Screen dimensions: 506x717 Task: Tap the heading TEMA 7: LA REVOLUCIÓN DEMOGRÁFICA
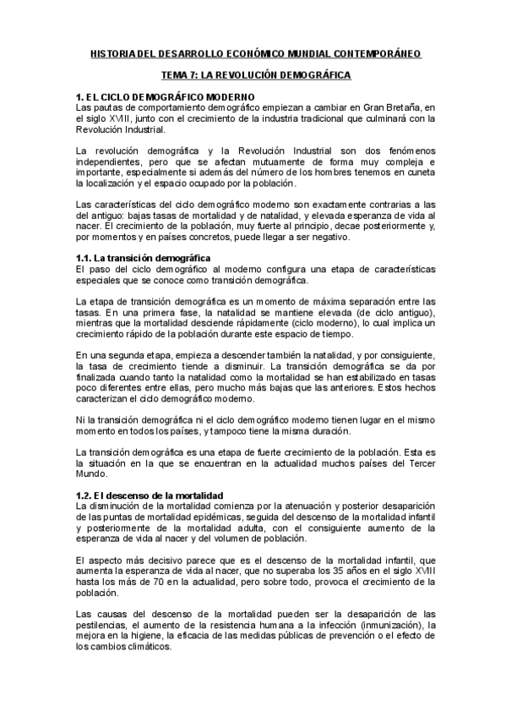point(256,74)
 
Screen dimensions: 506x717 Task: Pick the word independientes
point(106,161)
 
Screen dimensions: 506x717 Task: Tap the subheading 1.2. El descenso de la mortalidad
point(146,495)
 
